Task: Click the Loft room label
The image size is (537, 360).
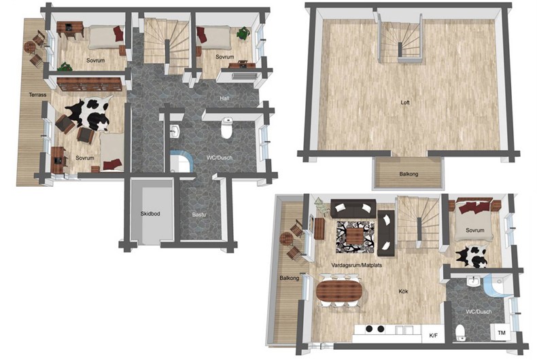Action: pyautogui.click(x=405, y=103)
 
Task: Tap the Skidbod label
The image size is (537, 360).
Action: pyautogui.click(x=150, y=213)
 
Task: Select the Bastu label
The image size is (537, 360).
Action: pyautogui.click(x=199, y=215)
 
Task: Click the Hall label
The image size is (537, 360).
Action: pyautogui.click(x=225, y=98)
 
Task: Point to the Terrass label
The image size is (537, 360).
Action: pyautogui.click(x=37, y=94)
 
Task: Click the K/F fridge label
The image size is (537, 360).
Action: pyautogui.click(x=434, y=336)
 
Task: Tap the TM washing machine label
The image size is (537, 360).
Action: pyautogui.click(x=502, y=333)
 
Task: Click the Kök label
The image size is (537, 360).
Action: pyautogui.click(x=404, y=291)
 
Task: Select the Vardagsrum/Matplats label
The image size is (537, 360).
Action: pyautogui.click(x=356, y=265)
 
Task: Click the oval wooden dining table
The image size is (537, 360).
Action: pyautogui.click(x=339, y=291)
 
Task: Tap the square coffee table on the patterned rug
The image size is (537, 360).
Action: pyautogui.click(x=355, y=236)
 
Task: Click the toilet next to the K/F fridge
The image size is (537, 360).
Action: pyautogui.click(x=461, y=332)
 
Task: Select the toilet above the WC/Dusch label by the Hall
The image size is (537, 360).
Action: pyautogui.click(x=227, y=128)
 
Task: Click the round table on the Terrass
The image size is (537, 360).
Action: pyautogui.click(x=30, y=48)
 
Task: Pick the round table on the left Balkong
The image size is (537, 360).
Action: pyautogui.click(x=285, y=238)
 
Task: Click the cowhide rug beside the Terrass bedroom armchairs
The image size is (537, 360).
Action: pyautogui.click(x=88, y=113)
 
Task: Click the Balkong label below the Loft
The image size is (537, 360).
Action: pyautogui.click(x=409, y=174)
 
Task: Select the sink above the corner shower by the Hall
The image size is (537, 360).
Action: pyautogui.click(x=175, y=131)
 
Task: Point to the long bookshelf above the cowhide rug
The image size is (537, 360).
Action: pyautogui.click(x=90, y=84)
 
